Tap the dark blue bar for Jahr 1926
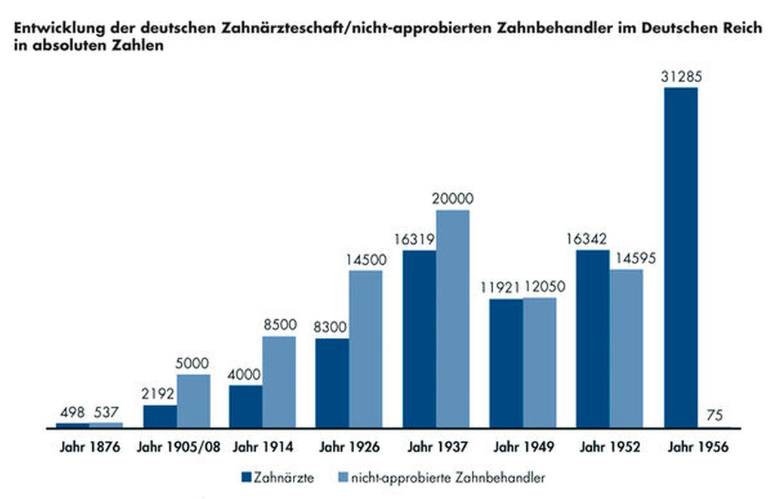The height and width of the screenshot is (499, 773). [332, 383]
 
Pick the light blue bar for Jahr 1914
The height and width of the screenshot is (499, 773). [279, 382]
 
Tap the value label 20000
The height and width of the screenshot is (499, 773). [453, 199]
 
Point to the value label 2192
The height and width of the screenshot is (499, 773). [159, 394]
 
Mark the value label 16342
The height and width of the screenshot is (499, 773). [592, 239]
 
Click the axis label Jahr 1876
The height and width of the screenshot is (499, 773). [90, 447]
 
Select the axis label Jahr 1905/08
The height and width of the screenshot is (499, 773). [178, 447]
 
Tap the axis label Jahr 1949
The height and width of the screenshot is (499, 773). [523, 447]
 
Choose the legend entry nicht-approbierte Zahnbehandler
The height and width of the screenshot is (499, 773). [442, 477]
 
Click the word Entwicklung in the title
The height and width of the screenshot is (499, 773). [52, 29]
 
